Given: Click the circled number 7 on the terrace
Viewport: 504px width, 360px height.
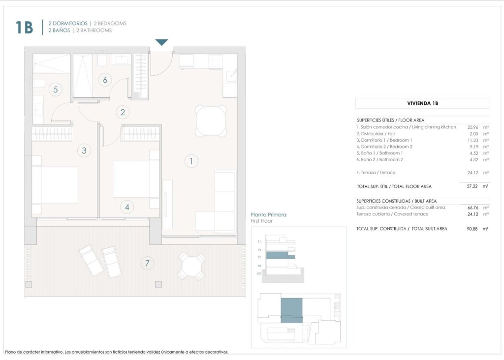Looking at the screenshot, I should (147, 263).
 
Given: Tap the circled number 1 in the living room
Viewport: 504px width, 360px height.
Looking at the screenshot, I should (191, 160).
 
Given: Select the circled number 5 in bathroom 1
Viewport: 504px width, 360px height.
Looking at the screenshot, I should (56, 90).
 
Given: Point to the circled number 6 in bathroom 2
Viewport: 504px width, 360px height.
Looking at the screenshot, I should (105, 79).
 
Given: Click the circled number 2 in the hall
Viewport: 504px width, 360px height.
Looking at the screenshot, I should (123, 113).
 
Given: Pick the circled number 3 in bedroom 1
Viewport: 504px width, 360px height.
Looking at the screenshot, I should (84, 150).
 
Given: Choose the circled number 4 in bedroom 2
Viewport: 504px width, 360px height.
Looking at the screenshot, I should (127, 207).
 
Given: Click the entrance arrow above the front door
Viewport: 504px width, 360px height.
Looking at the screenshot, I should (162, 43).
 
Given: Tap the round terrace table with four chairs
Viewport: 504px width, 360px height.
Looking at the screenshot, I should (192, 266).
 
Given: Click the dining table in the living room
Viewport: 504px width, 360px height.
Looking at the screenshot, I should (212, 121).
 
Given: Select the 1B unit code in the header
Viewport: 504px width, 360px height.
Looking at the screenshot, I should (24, 28).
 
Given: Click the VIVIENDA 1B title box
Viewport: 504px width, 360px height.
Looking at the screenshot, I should (422, 103).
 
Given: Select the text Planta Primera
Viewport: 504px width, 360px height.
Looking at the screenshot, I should (268, 215).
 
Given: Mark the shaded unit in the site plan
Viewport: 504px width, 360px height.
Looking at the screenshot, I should (291, 310).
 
